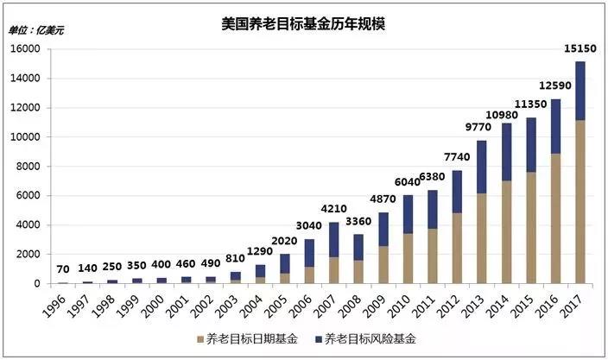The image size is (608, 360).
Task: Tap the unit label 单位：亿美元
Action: (36, 30)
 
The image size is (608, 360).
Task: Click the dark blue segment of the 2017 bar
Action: (580, 91)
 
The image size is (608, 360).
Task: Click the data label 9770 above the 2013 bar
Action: (481, 126)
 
